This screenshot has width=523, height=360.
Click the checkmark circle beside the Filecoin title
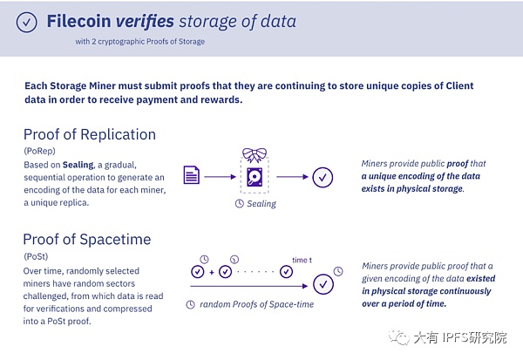pos(27,23)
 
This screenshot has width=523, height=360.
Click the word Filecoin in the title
pos(78,21)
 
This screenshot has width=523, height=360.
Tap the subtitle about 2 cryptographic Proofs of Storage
pos(140,42)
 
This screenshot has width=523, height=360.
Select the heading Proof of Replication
pos(90,134)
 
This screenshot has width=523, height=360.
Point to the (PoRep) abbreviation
pos(40,151)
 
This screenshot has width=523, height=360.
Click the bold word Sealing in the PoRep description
pos(78,165)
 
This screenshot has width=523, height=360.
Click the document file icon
pos(192,175)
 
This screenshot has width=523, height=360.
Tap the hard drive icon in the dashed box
pos(255,177)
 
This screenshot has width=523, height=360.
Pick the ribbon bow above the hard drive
pos(255,155)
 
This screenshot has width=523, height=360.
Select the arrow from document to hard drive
pos(221,177)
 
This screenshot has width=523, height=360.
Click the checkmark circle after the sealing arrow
pos(323,177)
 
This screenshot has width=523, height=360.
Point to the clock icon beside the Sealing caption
pos(240,203)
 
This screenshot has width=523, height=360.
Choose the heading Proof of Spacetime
pos(87,239)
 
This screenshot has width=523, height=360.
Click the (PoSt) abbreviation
pos(36,256)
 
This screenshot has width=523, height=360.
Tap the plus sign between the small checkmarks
pos(212,272)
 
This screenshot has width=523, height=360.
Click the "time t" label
pos(302,261)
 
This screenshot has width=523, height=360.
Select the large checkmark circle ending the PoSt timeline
pos(323,284)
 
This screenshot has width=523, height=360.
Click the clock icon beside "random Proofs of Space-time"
pos(190,304)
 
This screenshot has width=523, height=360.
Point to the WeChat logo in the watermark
pos(399,337)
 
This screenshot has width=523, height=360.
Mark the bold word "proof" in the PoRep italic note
pos(458,164)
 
